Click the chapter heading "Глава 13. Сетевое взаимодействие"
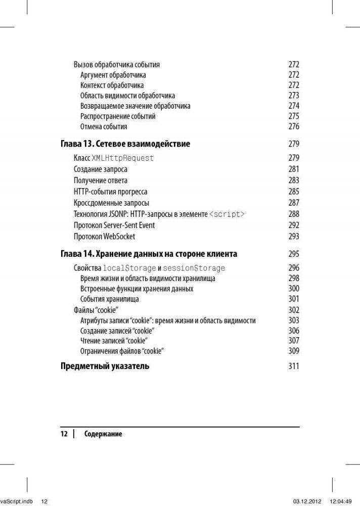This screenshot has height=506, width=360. [125, 144]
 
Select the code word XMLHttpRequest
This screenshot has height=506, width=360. [122, 158]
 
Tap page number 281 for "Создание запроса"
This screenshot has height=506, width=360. [294, 169]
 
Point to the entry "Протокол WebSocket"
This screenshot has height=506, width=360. [104, 237]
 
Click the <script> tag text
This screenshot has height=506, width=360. [227, 214]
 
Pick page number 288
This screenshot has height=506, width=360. [294, 214]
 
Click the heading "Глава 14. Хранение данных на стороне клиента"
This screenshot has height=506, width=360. [149, 254]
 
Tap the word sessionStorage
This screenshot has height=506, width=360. [194, 268]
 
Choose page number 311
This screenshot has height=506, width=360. [294, 366]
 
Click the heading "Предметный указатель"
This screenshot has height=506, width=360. [105, 366]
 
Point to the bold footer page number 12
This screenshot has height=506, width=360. [64, 434]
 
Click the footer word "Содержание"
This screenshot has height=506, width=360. [103, 434]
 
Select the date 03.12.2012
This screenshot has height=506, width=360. [306, 501]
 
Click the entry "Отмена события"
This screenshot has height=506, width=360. [104, 127]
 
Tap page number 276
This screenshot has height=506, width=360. [294, 127]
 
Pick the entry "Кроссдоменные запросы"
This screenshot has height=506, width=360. [111, 203]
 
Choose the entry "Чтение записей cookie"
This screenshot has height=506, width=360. [114, 341]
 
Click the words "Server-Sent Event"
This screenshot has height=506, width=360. [129, 225]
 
